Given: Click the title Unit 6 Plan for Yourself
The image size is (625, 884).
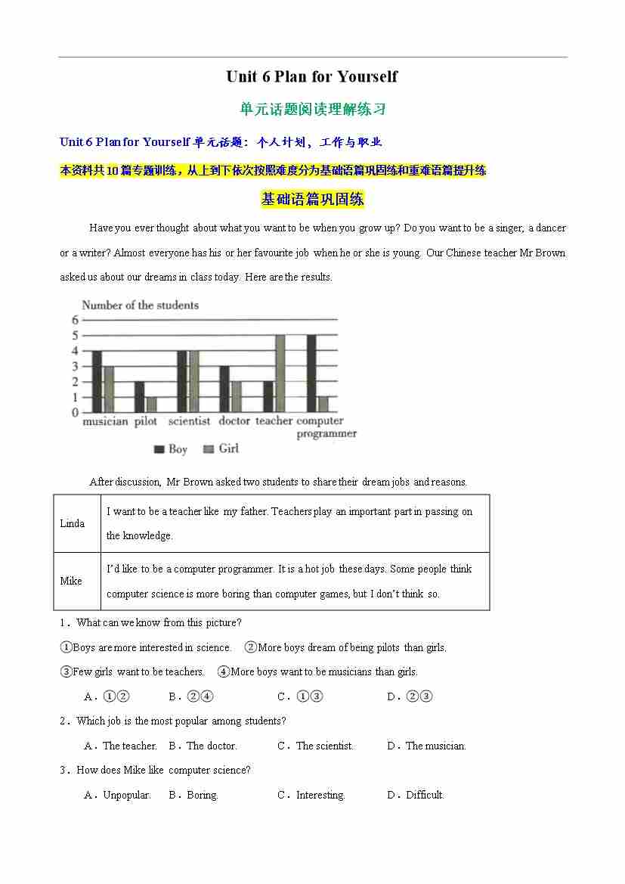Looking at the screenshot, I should click(311, 76).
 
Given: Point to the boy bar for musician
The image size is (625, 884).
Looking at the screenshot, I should click(97, 381).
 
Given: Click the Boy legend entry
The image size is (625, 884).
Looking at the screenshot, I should click(171, 449).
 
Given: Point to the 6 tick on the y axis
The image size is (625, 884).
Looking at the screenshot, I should click(76, 320).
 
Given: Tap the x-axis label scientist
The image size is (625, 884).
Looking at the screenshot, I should click(189, 421).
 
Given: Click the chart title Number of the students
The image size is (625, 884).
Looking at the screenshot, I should click(140, 306).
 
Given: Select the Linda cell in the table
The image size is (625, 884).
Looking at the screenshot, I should click(73, 523).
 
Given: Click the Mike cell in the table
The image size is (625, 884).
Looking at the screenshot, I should click(72, 581).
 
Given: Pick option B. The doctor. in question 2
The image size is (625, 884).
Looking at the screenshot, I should click(203, 746).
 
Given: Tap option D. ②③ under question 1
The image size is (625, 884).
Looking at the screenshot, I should click(410, 696).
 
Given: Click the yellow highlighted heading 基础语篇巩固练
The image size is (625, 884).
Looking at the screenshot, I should click(312, 200).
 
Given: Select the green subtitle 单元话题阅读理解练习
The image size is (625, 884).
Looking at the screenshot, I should click(312, 109).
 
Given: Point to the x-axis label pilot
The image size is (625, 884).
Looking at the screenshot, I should click(145, 421).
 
